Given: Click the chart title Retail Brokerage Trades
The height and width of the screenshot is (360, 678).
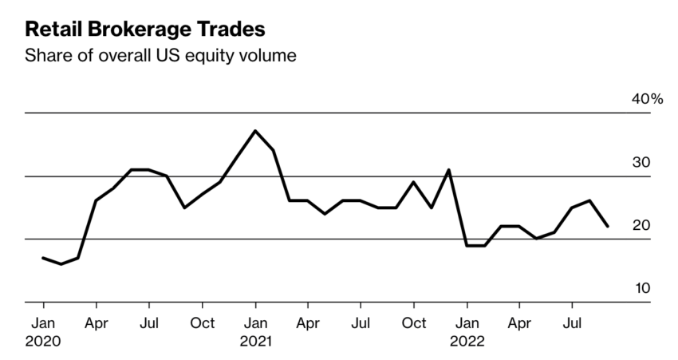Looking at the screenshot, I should coord(145,30).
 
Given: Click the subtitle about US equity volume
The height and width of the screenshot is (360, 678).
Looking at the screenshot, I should coord(160,57).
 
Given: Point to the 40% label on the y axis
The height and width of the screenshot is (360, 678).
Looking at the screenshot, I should coord(647,100).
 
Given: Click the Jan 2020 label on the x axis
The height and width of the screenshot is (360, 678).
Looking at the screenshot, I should coord(43,333).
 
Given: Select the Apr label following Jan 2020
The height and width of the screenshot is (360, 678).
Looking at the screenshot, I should coord(97,325).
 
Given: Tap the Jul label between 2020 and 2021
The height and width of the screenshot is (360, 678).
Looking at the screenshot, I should coord(149,325).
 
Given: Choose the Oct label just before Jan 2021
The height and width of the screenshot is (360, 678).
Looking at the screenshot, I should coord(203,325).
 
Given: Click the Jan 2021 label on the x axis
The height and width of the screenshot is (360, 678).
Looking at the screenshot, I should coord(255,333).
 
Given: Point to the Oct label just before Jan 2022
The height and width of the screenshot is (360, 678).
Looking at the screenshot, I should coord(413,325).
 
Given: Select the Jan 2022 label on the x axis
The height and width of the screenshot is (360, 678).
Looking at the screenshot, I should coord(467,333).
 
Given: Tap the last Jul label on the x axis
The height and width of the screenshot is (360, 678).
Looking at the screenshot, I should coord(572,325).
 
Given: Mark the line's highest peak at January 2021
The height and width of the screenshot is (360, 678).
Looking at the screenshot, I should coord(255,130).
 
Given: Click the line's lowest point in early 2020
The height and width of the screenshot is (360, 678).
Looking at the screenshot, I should coord(61,264).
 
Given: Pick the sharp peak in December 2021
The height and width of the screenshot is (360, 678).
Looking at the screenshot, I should coord(449,169).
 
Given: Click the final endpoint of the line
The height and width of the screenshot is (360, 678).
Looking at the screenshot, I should coord(608,227).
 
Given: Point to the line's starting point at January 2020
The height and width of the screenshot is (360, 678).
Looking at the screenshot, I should coord(43,258).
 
